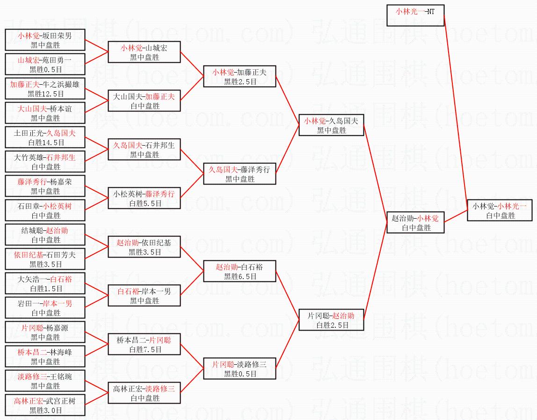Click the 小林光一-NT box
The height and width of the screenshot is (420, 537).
[x=415, y=16]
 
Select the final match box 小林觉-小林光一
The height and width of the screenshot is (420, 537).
[x=500, y=210]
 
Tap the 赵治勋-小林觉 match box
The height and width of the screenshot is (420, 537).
[x=415, y=222]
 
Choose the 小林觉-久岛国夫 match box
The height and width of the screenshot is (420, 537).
[x=331, y=125]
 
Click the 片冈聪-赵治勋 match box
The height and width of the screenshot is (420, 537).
[x=331, y=320]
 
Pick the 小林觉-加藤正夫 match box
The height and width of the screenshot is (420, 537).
[x=239, y=76]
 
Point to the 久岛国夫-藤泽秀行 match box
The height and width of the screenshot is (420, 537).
[x=239, y=174]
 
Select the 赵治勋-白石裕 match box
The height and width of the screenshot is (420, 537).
[x=239, y=271]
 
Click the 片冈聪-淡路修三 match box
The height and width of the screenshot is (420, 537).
[x=239, y=368]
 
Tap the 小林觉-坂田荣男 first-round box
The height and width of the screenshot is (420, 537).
[x=45, y=40]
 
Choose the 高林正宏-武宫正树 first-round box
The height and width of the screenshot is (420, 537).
[x=45, y=405]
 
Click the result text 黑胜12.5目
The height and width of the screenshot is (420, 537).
[x=45, y=94]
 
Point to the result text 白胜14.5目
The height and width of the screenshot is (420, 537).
[x=45, y=142]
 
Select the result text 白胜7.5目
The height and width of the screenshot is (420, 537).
[x=145, y=349]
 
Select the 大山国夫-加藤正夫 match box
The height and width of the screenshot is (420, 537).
[x=145, y=101]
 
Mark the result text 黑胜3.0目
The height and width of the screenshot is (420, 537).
[x=45, y=410]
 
